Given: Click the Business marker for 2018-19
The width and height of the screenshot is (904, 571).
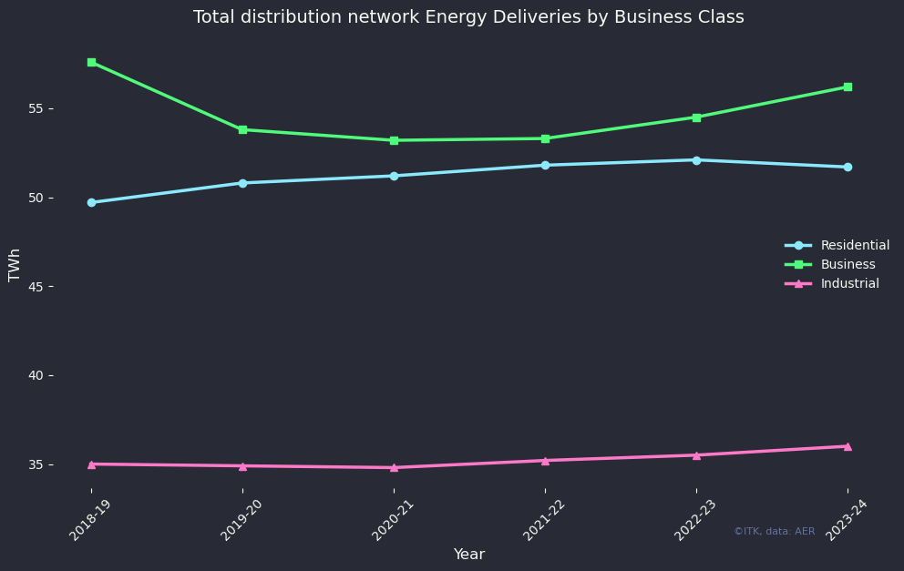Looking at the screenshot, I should point(91,62).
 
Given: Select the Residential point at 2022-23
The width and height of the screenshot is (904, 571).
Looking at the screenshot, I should point(696,160).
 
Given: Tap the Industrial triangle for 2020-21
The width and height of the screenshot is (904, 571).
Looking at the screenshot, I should point(394,467).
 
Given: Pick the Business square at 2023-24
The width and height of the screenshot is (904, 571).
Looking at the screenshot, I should point(847,87).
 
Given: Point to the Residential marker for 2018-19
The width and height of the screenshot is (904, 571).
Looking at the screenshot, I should point(91,202).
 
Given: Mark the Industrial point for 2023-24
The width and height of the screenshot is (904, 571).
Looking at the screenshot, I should point(847,446).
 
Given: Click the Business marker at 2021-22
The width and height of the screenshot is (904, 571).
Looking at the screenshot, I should point(545,138).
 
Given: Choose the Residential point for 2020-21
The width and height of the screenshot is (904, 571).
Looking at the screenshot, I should point(394,176).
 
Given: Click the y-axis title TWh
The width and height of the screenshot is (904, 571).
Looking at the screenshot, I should point(15,265).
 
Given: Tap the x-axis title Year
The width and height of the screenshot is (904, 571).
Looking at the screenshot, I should point(469,555).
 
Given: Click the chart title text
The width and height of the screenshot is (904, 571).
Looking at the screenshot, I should point(468,17).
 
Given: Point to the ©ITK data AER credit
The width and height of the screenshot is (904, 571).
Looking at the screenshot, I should point(775,531).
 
